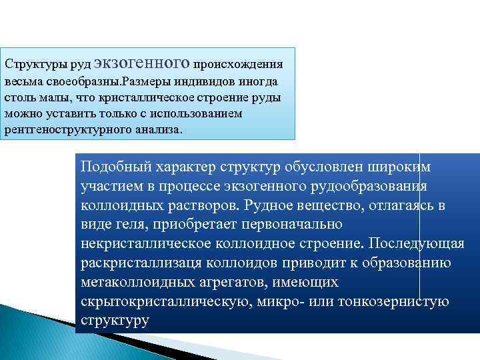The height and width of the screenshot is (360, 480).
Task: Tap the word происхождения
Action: [238, 65]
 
